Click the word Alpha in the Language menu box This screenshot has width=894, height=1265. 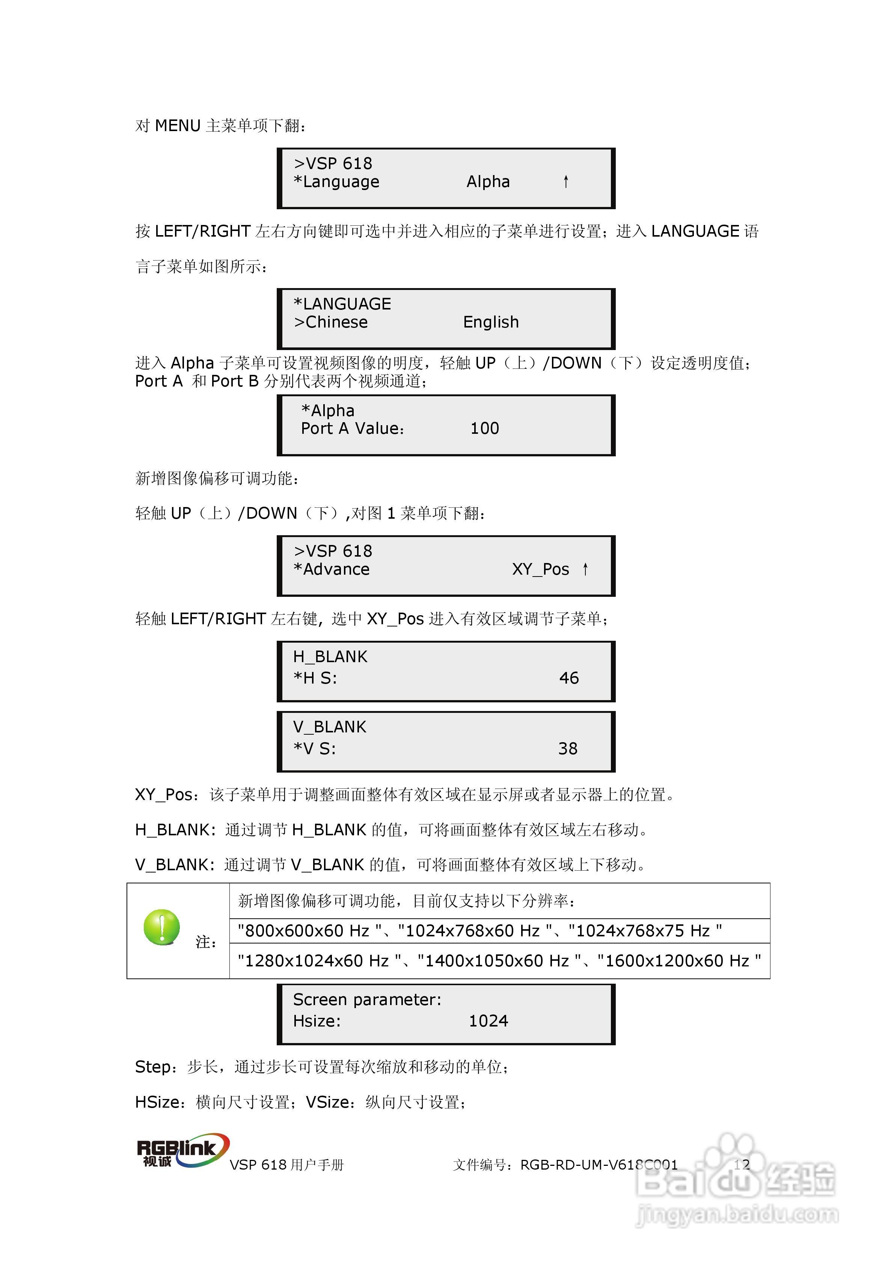click(x=488, y=182)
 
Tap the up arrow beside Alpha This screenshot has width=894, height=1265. click(x=566, y=181)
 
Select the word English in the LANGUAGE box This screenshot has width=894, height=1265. click(x=491, y=322)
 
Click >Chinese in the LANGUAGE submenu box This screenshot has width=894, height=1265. click(x=331, y=322)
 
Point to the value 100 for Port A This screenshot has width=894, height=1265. click(x=485, y=429)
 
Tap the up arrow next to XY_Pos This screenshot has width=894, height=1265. click(x=585, y=569)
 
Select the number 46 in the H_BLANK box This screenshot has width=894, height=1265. click(x=569, y=678)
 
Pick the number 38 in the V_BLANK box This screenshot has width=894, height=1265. click(x=568, y=749)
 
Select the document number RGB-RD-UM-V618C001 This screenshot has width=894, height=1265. click(x=599, y=1165)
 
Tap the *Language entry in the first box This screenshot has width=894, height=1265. click(x=336, y=182)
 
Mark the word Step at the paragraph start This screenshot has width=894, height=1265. click(x=152, y=1067)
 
